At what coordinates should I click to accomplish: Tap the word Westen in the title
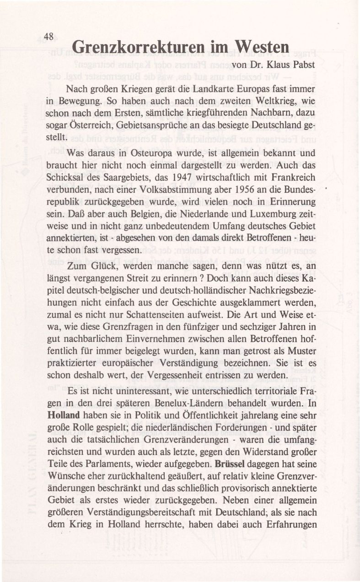tap(261, 47)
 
